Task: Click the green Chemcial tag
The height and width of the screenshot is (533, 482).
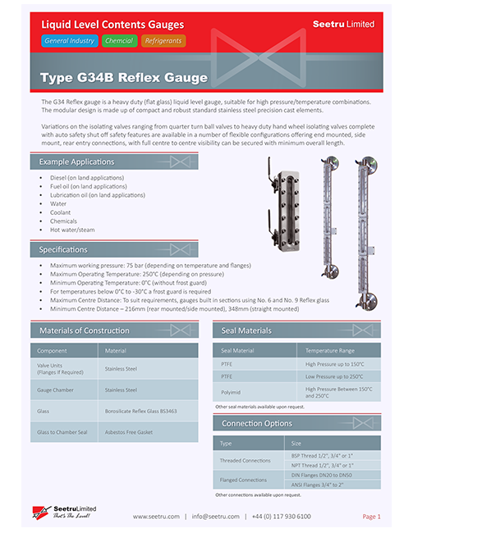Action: (119, 40)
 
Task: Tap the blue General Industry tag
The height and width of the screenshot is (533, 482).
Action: (70, 40)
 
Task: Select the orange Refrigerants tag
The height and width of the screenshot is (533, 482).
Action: (163, 40)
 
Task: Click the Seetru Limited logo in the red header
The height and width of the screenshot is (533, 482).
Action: (343, 25)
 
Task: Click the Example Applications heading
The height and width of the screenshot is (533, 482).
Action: (76, 162)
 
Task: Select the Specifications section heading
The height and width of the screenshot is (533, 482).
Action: (63, 249)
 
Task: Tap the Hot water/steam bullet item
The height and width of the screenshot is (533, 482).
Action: (72, 230)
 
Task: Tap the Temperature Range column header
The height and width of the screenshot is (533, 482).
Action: (332, 350)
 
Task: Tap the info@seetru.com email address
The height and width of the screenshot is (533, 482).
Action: (215, 517)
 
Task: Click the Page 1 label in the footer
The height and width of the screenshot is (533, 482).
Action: (371, 517)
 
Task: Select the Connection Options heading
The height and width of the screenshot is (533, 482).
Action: (257, 423)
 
